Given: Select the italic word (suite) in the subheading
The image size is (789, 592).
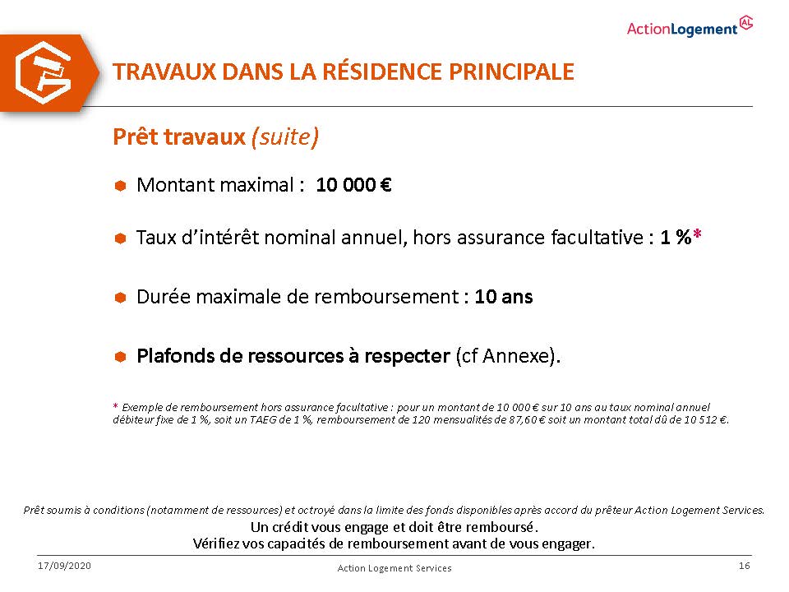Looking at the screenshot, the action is pos(285,137).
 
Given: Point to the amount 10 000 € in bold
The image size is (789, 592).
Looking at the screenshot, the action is pos(353,185).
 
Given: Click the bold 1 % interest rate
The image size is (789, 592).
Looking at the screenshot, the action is pos(676,237).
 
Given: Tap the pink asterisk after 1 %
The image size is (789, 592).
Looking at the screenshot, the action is pos(697,234).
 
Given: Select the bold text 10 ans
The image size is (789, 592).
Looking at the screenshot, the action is pos(503,297).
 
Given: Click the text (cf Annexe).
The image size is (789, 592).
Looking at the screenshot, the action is pos(508,356).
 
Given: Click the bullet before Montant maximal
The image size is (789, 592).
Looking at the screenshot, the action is pos(120,186).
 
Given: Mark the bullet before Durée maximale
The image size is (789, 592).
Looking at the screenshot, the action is pos(120,298).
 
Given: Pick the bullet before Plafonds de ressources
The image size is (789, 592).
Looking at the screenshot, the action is pos(120,357).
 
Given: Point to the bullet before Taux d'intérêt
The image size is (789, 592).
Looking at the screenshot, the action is pos(120,238).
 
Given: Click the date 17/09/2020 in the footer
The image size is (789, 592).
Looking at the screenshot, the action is pos(64,566).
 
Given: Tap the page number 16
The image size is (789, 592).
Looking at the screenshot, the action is pos(745,566).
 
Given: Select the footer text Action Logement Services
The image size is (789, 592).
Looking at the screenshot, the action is pos(394,568).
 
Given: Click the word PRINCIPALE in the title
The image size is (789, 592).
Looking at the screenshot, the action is pos(511,72).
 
